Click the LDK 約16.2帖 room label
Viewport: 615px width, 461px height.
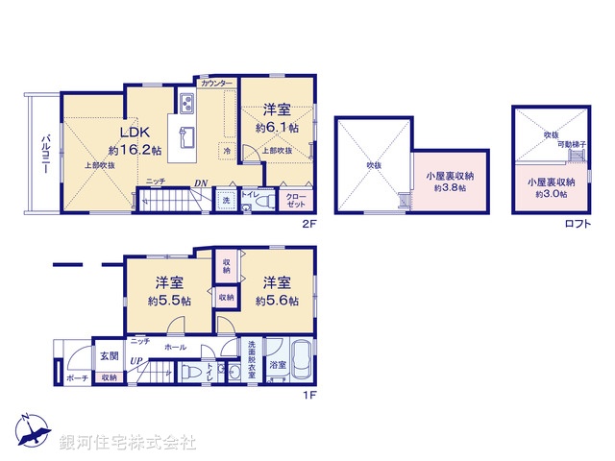coord(134,140)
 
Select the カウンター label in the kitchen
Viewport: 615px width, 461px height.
coord(216,85)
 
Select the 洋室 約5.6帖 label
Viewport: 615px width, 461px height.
coord(277,291)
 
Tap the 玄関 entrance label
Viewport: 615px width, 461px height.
coord(108,356)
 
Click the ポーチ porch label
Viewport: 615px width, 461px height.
coord(78,378)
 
